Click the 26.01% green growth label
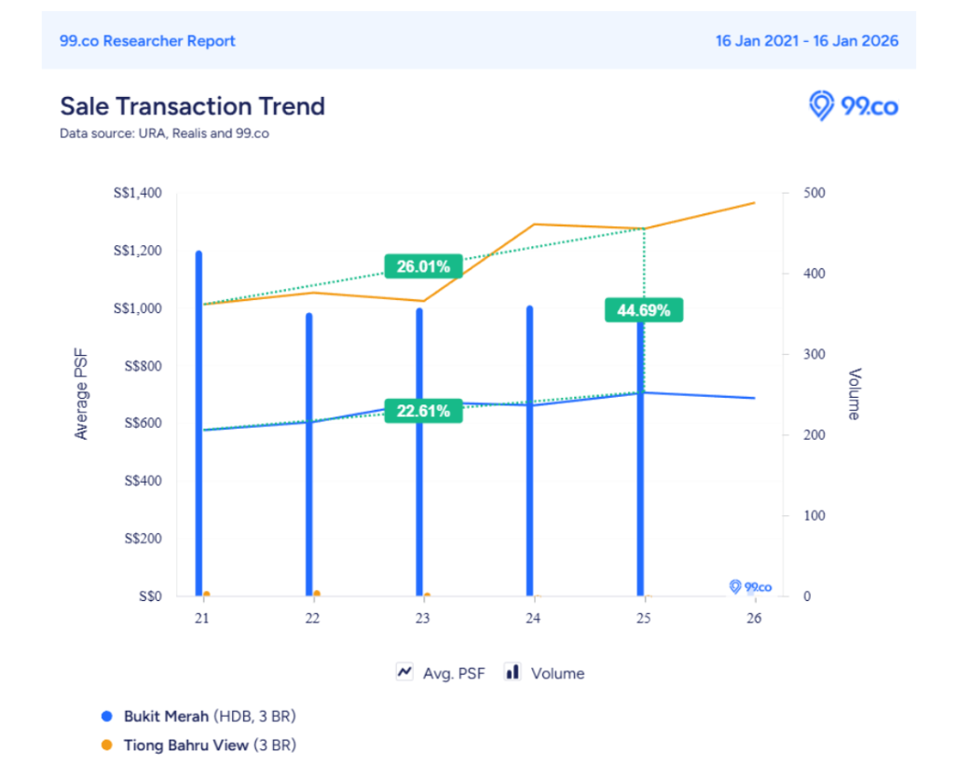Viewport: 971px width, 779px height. (x=423, y=266)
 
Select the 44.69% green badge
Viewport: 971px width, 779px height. (x=644, y=310)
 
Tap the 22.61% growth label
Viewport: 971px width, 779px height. (x=423, y=411)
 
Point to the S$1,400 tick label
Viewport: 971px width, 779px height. (x=137, y=194)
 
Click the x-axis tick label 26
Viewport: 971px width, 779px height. (x=754, y=619)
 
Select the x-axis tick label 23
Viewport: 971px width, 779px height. (x=423, y=619)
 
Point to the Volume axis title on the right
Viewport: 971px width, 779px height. (x=854, y=394)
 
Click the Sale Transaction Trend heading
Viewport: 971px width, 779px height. (x=193, y=106)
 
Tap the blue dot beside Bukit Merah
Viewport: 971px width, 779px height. (x=106, y=717)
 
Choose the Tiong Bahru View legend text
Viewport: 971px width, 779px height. (x=187, y=745)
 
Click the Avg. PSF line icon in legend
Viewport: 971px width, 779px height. (x=405, y=672)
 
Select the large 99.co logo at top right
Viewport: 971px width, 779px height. (x=853, y=106)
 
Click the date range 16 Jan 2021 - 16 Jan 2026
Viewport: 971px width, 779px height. (x=807, y=41)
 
